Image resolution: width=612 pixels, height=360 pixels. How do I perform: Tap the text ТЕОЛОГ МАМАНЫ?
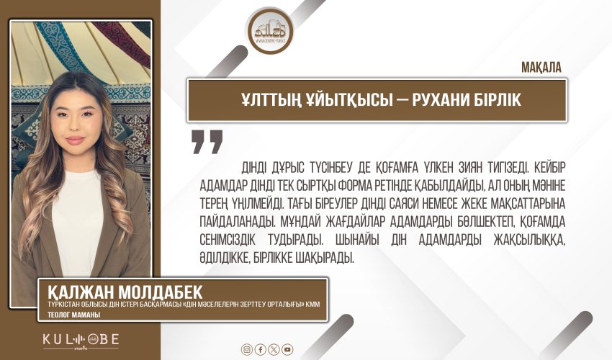(69, 315)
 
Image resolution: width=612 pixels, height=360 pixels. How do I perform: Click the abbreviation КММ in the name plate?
(310, 305)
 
